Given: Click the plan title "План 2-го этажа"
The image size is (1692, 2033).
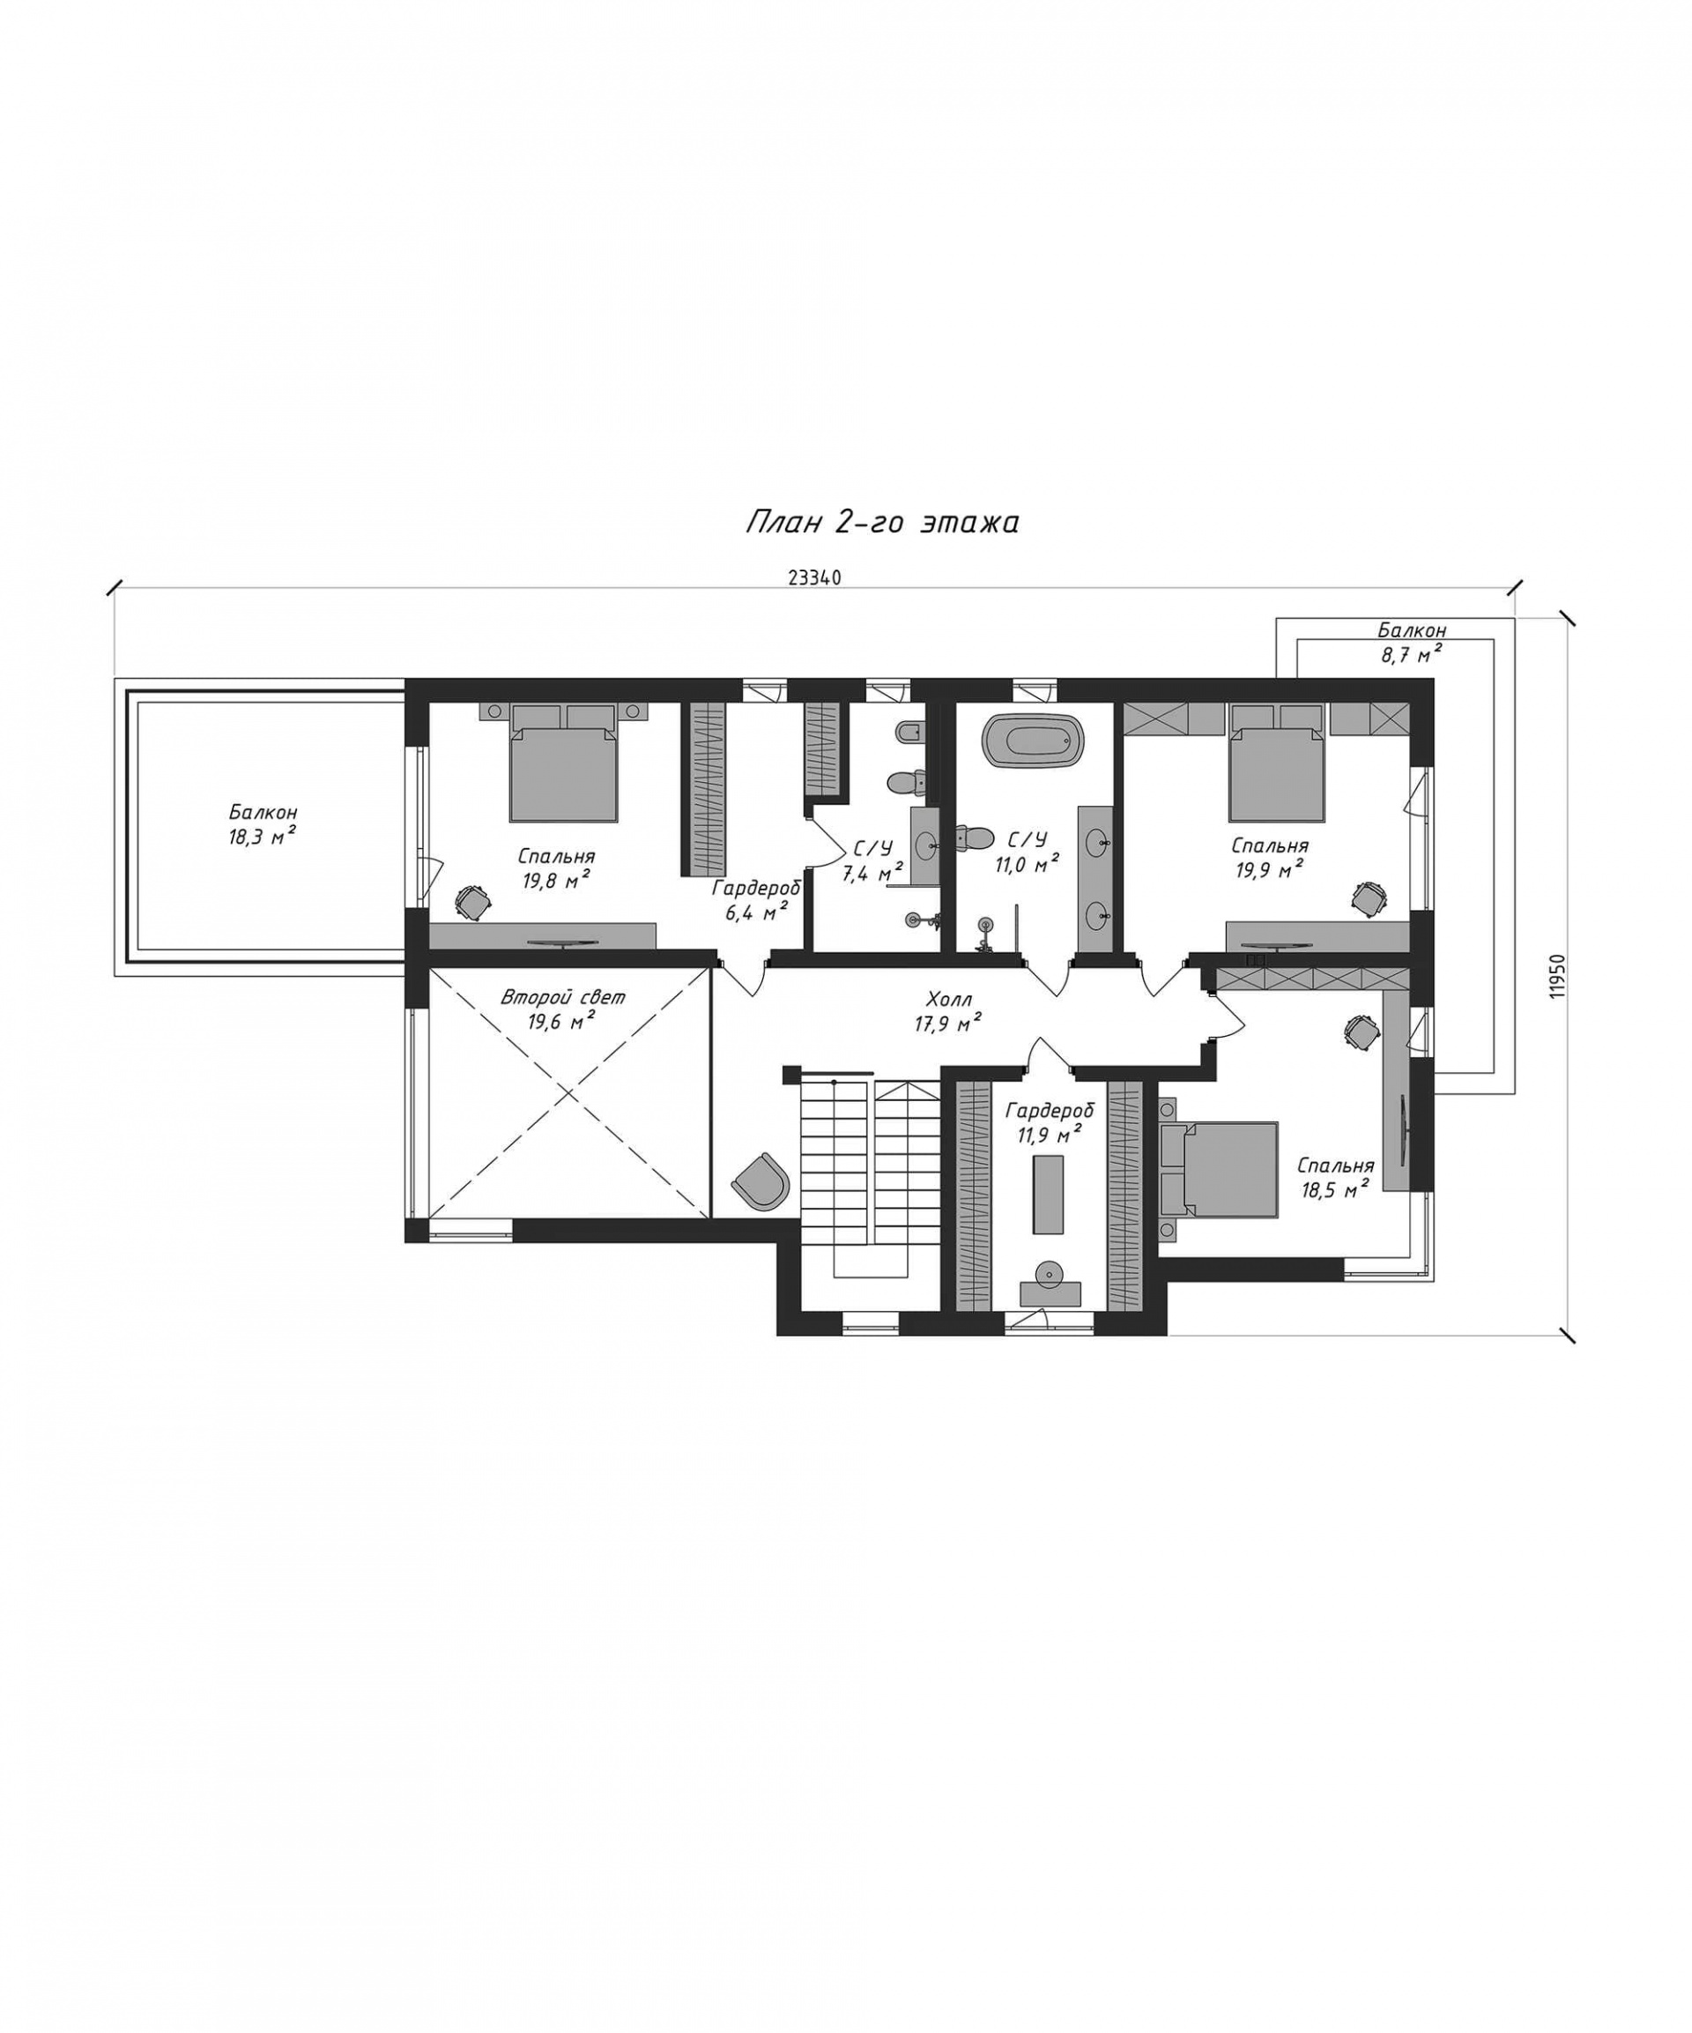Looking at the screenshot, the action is [x=882, y=524].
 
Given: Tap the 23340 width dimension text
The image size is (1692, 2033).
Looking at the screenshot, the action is [x=814, y=578].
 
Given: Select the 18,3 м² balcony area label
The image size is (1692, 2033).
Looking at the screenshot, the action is [x=263, y=837].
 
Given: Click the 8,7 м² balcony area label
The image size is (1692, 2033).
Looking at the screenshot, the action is [x=1410, y=653].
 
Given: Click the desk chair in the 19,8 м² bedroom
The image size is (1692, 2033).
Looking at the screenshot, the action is [x=471, y=900].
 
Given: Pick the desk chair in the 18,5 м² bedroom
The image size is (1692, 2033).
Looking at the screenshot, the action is [x=1361, y=1030].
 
